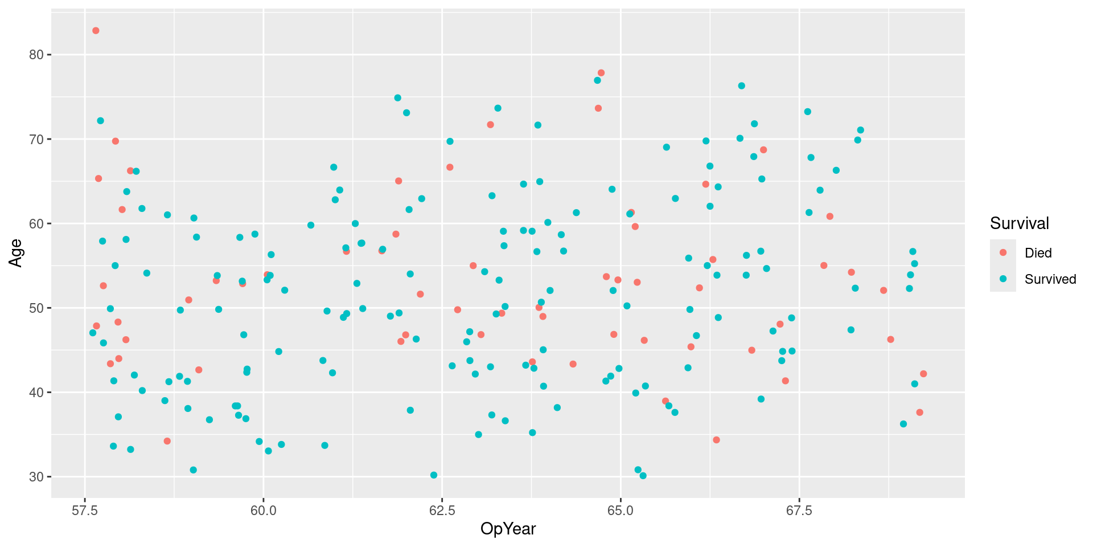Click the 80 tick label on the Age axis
(x=36, y=55)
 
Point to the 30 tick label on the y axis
(x=36, y=477)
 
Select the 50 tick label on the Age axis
(x=36, y=308)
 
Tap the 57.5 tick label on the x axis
(x=85, y=509)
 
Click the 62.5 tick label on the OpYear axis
(x=442, y=509)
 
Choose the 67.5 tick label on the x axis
(x=799, y=509)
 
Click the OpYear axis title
(x=508, y=529)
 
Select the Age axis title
(x=15, y=253)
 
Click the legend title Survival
(x=1019, y=223)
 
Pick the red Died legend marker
(x=1003, y=252)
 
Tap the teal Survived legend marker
(x=1003, y=279)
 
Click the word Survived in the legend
(x=1050, y=279)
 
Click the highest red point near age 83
(x=96, y=31)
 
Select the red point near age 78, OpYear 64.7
(x=601, y=73)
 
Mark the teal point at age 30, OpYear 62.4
(x=434, y=475)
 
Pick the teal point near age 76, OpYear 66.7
(x=742, y=86)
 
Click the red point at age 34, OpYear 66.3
(x=716, y=440)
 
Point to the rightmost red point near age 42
(x=923, y=374)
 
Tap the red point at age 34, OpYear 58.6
(x=167, y=441)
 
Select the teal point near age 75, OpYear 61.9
(x=397, y=98)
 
